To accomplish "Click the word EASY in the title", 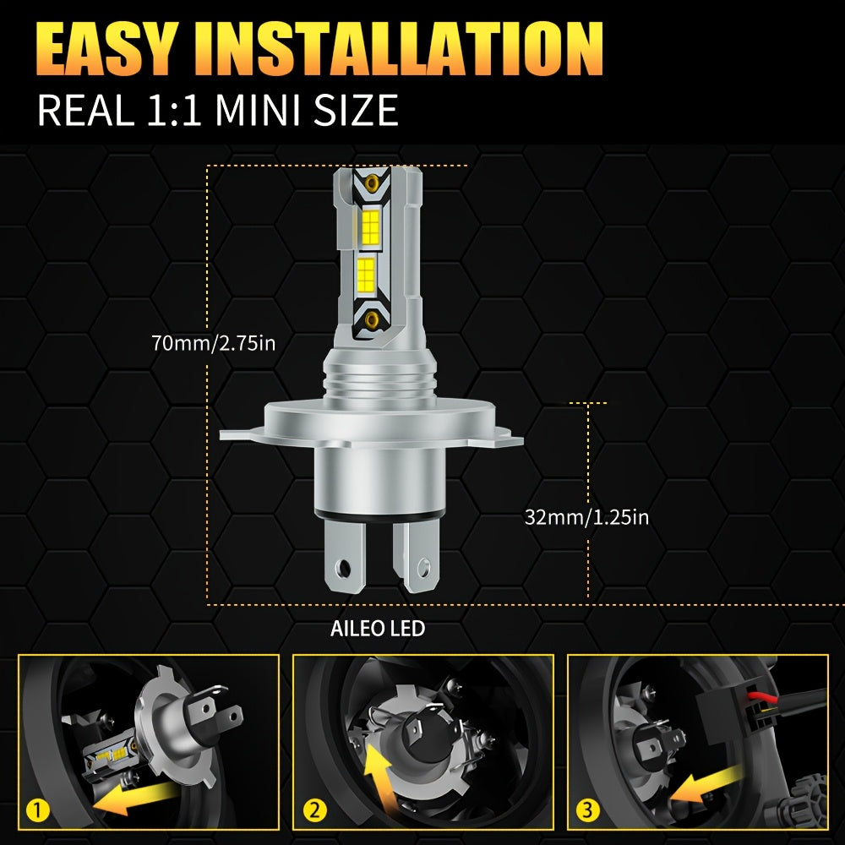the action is coord(106,48).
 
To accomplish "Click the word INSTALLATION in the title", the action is coord(399,48).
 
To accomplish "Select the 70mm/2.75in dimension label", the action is coord(214,343).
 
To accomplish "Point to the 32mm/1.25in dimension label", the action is coord(587,517).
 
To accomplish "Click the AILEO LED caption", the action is coord(378,629).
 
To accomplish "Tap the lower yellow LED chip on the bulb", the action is coord(366,275).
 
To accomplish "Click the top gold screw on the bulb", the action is coord(372,183).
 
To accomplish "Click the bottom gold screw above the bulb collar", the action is coord(371,320).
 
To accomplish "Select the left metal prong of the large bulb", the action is coord(346,556).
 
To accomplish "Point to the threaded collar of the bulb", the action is coord(380,378).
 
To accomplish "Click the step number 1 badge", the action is coord(38,810).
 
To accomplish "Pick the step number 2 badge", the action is coord(314,810).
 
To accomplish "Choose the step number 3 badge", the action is coord(587,810).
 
